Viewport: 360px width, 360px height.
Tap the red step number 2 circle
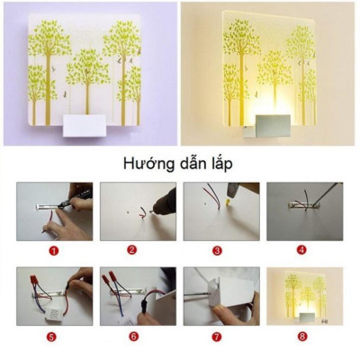[x=131, y=251]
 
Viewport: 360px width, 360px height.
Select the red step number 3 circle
[x=216, y=251]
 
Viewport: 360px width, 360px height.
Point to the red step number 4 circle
[x=301, y=251]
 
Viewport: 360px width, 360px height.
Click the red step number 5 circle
[x=51, y=338]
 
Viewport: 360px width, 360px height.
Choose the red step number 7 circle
[x=216, y=338]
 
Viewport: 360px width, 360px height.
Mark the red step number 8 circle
[x=301, y=338]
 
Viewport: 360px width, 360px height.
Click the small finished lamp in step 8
[x=302, y=296]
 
